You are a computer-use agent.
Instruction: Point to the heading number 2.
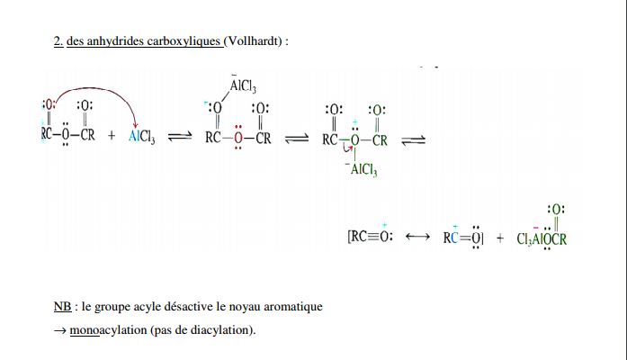click(x=58, y=40)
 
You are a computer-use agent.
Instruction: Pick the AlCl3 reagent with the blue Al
click(x=142, y=138)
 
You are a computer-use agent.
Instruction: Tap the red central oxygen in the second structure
click(x=237, y=139)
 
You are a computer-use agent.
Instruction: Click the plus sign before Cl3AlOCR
click(x=500, y=239)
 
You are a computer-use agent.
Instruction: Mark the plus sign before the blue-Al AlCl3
click(x=112, y=139)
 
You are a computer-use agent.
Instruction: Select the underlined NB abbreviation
click(x=61, y=307)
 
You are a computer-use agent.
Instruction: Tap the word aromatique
click(x=291, y=307)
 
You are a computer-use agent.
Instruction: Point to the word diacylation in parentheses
click(x=223, y=329)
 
